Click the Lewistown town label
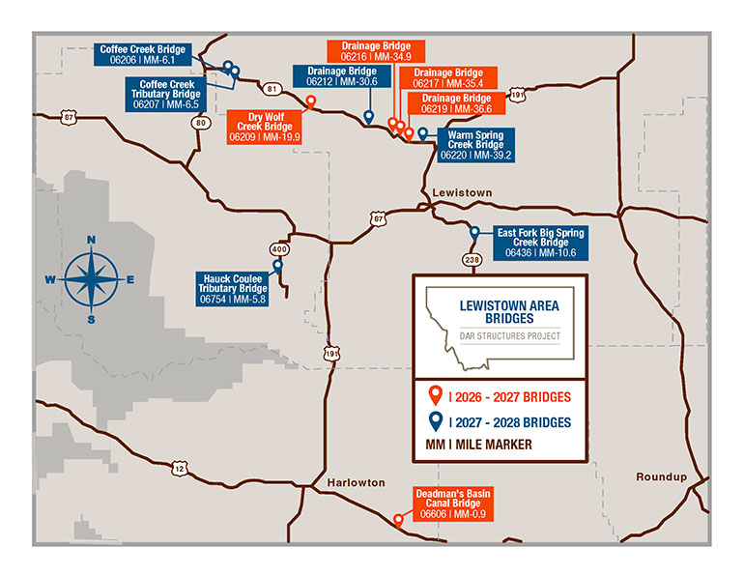(463, 193)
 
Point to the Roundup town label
(662, 477)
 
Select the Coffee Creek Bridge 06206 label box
(143, 54)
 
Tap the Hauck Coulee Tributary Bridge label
(233, 288)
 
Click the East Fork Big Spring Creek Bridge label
(539, 243)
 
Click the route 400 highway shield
(280, 248)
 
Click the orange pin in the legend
(434, 396)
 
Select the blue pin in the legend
(434, 421)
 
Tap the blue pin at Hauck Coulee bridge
(277, 266)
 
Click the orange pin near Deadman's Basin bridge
(398, 520)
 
